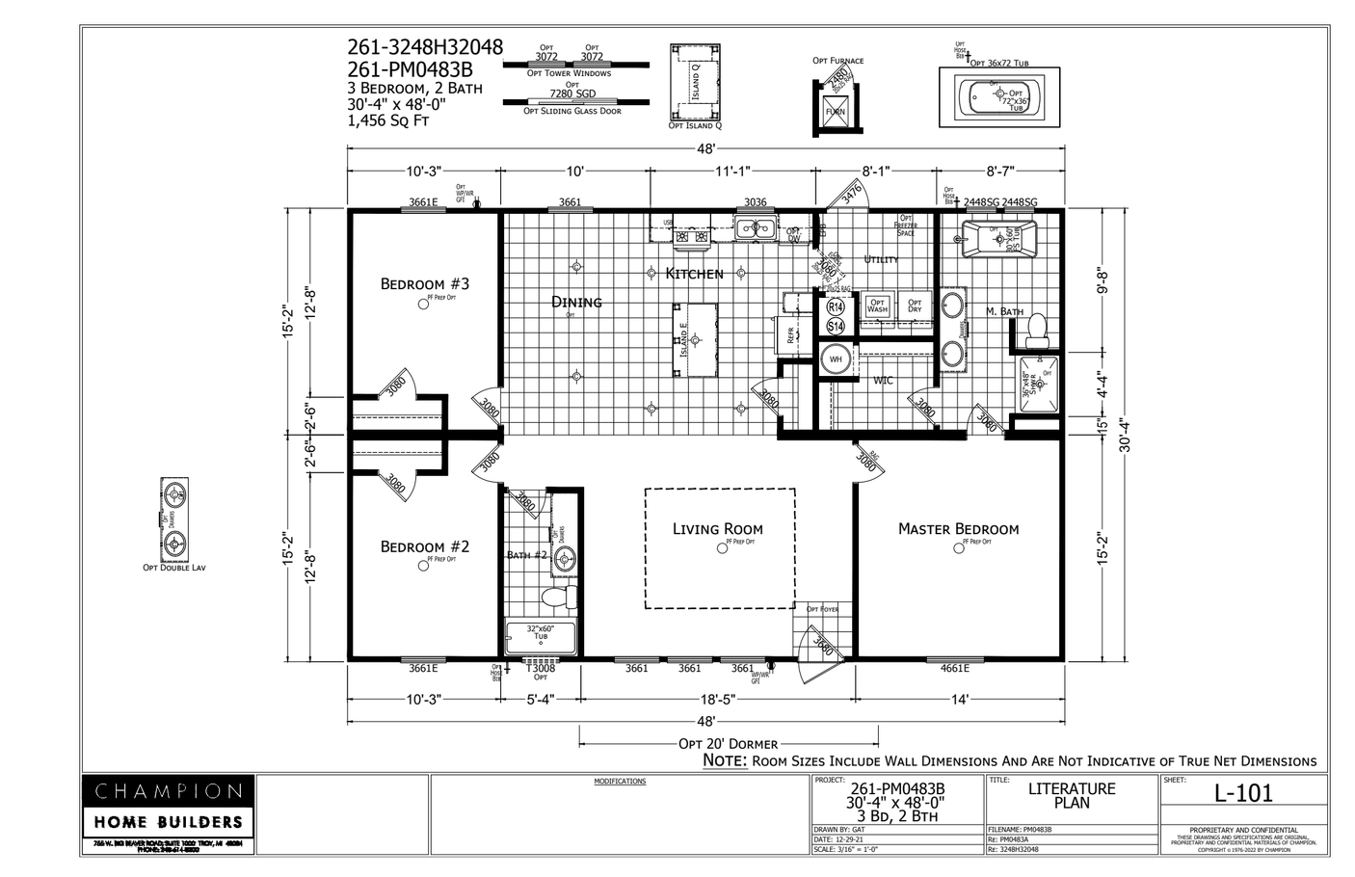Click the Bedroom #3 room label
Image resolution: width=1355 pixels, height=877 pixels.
coord(424,283)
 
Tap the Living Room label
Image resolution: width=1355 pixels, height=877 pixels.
coord(717,528)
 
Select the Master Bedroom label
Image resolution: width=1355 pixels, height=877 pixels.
coord(958,528)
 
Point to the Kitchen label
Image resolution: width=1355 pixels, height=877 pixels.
coord(694,274)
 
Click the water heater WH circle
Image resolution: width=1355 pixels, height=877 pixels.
coord(836,359)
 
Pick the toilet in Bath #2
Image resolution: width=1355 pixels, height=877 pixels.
coord(557,596)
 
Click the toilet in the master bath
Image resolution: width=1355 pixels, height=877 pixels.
coord(1037,330)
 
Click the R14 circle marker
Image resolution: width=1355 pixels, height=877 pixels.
coord(836,307)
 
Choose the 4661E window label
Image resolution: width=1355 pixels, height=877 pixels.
coord(954,669)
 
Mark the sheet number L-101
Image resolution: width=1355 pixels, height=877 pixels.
coord(1243,793)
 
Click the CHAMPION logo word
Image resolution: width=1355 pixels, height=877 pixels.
coord(168,791)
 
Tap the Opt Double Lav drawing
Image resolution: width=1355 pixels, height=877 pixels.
coord(174,518)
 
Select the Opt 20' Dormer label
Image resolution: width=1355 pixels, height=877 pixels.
coord(728,744)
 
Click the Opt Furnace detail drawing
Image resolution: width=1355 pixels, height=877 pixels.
coord(835,104)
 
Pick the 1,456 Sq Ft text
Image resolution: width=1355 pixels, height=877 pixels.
coord(388,121)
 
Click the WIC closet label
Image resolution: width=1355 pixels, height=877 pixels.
coord(883,381)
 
